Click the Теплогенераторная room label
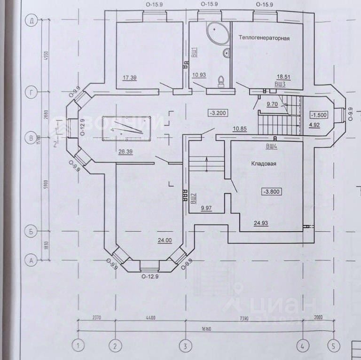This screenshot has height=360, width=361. [263, 38]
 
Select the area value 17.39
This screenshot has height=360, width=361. [129, 78]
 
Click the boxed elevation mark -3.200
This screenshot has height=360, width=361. [218, 113]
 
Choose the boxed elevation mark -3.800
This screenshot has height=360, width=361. [271, 192]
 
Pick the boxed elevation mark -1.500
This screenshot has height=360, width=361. [319, 115]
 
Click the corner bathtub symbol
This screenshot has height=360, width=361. [216, 33]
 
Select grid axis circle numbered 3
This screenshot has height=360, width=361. [186, 346]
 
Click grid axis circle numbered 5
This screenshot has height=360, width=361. [333, 346]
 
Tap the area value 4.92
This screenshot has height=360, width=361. [314, 125]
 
